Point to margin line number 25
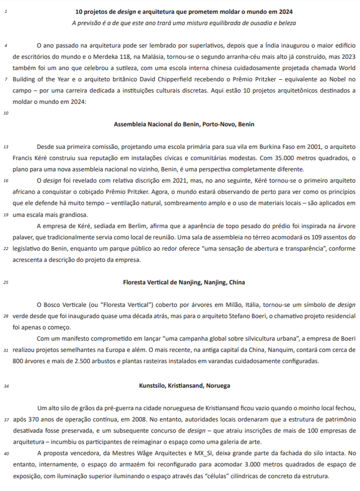pos(5,282)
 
